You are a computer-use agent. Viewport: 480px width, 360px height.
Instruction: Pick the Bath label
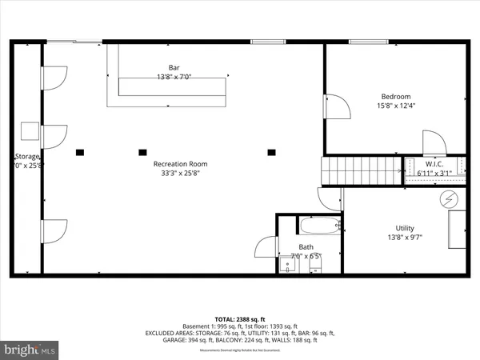(306, 247)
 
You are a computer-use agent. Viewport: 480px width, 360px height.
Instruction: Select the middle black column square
(143, 150)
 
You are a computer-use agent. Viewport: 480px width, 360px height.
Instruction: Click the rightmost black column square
(271, 150)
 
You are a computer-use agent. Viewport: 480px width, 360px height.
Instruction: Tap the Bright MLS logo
(30, 349)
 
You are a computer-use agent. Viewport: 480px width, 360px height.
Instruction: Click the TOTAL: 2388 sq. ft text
(239, 318)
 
